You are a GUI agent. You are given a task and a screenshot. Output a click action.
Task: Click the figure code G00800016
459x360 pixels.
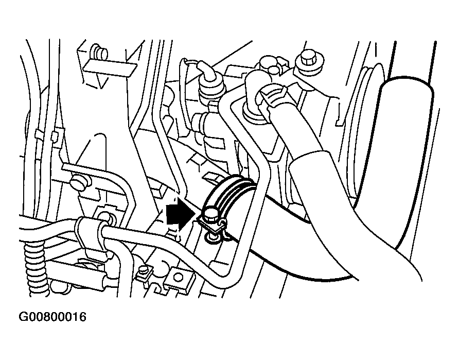(52, 317)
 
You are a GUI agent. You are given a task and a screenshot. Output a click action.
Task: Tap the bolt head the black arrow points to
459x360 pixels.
(210, 214)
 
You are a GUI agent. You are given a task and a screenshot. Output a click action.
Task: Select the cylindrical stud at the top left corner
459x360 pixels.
(99, 53)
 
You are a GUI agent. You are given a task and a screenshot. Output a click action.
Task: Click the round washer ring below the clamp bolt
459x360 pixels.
(212, 237)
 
